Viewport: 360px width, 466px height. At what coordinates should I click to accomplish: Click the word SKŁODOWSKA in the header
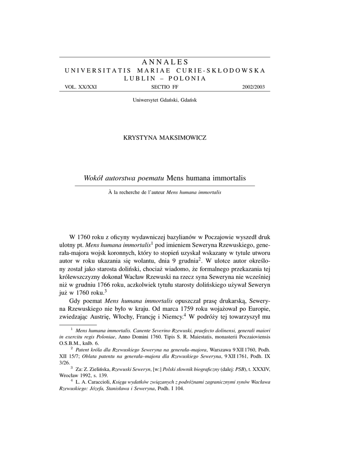click(237, 71)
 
